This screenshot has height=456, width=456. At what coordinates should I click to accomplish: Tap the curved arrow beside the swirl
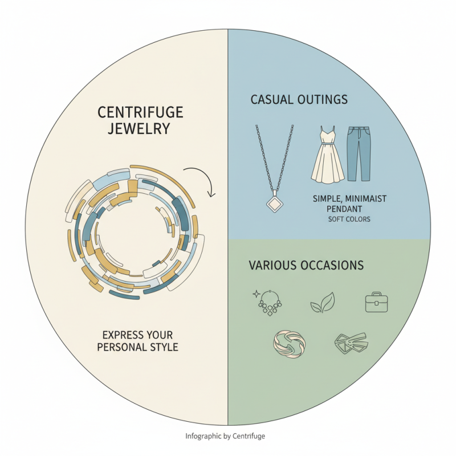click(200, 181)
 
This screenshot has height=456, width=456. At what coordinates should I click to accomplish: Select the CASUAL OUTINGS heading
click(299, 100)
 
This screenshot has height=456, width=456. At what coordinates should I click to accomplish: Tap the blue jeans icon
click(359, 153)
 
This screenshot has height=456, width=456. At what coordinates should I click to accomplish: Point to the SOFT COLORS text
click(349, 219)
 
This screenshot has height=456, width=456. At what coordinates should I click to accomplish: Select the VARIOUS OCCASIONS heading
click(306, 266)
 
